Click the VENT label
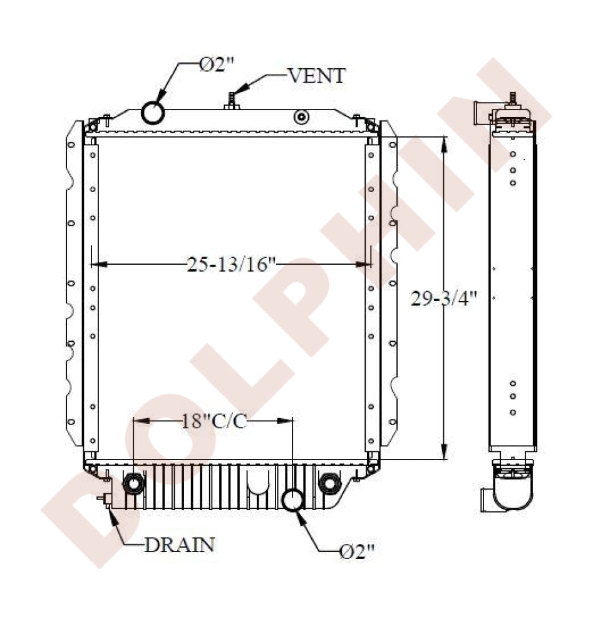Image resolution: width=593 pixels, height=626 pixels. (316, 76)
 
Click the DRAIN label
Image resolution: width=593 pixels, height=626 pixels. (180, 545)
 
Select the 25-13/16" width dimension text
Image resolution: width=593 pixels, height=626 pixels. (232, 265)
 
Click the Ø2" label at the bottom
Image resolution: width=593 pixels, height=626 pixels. (356, 551)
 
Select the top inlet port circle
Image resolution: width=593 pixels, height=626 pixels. (153, 113)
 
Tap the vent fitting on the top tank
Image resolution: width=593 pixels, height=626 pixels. (232, 102)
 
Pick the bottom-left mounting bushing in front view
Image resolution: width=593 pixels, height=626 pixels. (133, 483)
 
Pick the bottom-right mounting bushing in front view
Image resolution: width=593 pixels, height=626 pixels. (328, 483)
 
